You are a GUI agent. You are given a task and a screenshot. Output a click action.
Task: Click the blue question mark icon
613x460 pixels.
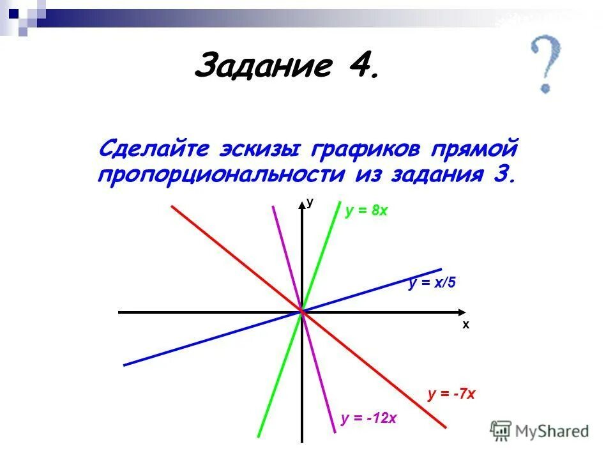pos(546,64)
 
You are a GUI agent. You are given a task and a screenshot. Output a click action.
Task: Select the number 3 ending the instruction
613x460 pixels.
pos(503,174)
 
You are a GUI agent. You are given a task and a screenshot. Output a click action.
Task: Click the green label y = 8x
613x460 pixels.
pos(367,211)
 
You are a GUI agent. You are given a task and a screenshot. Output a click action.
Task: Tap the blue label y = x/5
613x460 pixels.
pos(432,283)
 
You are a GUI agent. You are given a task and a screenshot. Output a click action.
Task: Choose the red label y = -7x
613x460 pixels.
pos(451,394)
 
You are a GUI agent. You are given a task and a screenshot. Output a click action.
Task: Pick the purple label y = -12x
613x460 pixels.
pos(368,419)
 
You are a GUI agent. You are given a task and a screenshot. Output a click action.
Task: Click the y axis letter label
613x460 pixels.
pos(310,202)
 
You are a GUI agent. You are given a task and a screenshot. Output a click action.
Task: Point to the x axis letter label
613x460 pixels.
pos(466,325)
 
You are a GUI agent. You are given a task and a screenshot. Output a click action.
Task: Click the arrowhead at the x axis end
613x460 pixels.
pos(463,312)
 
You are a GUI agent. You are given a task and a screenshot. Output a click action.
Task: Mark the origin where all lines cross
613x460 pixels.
pos(302,312)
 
